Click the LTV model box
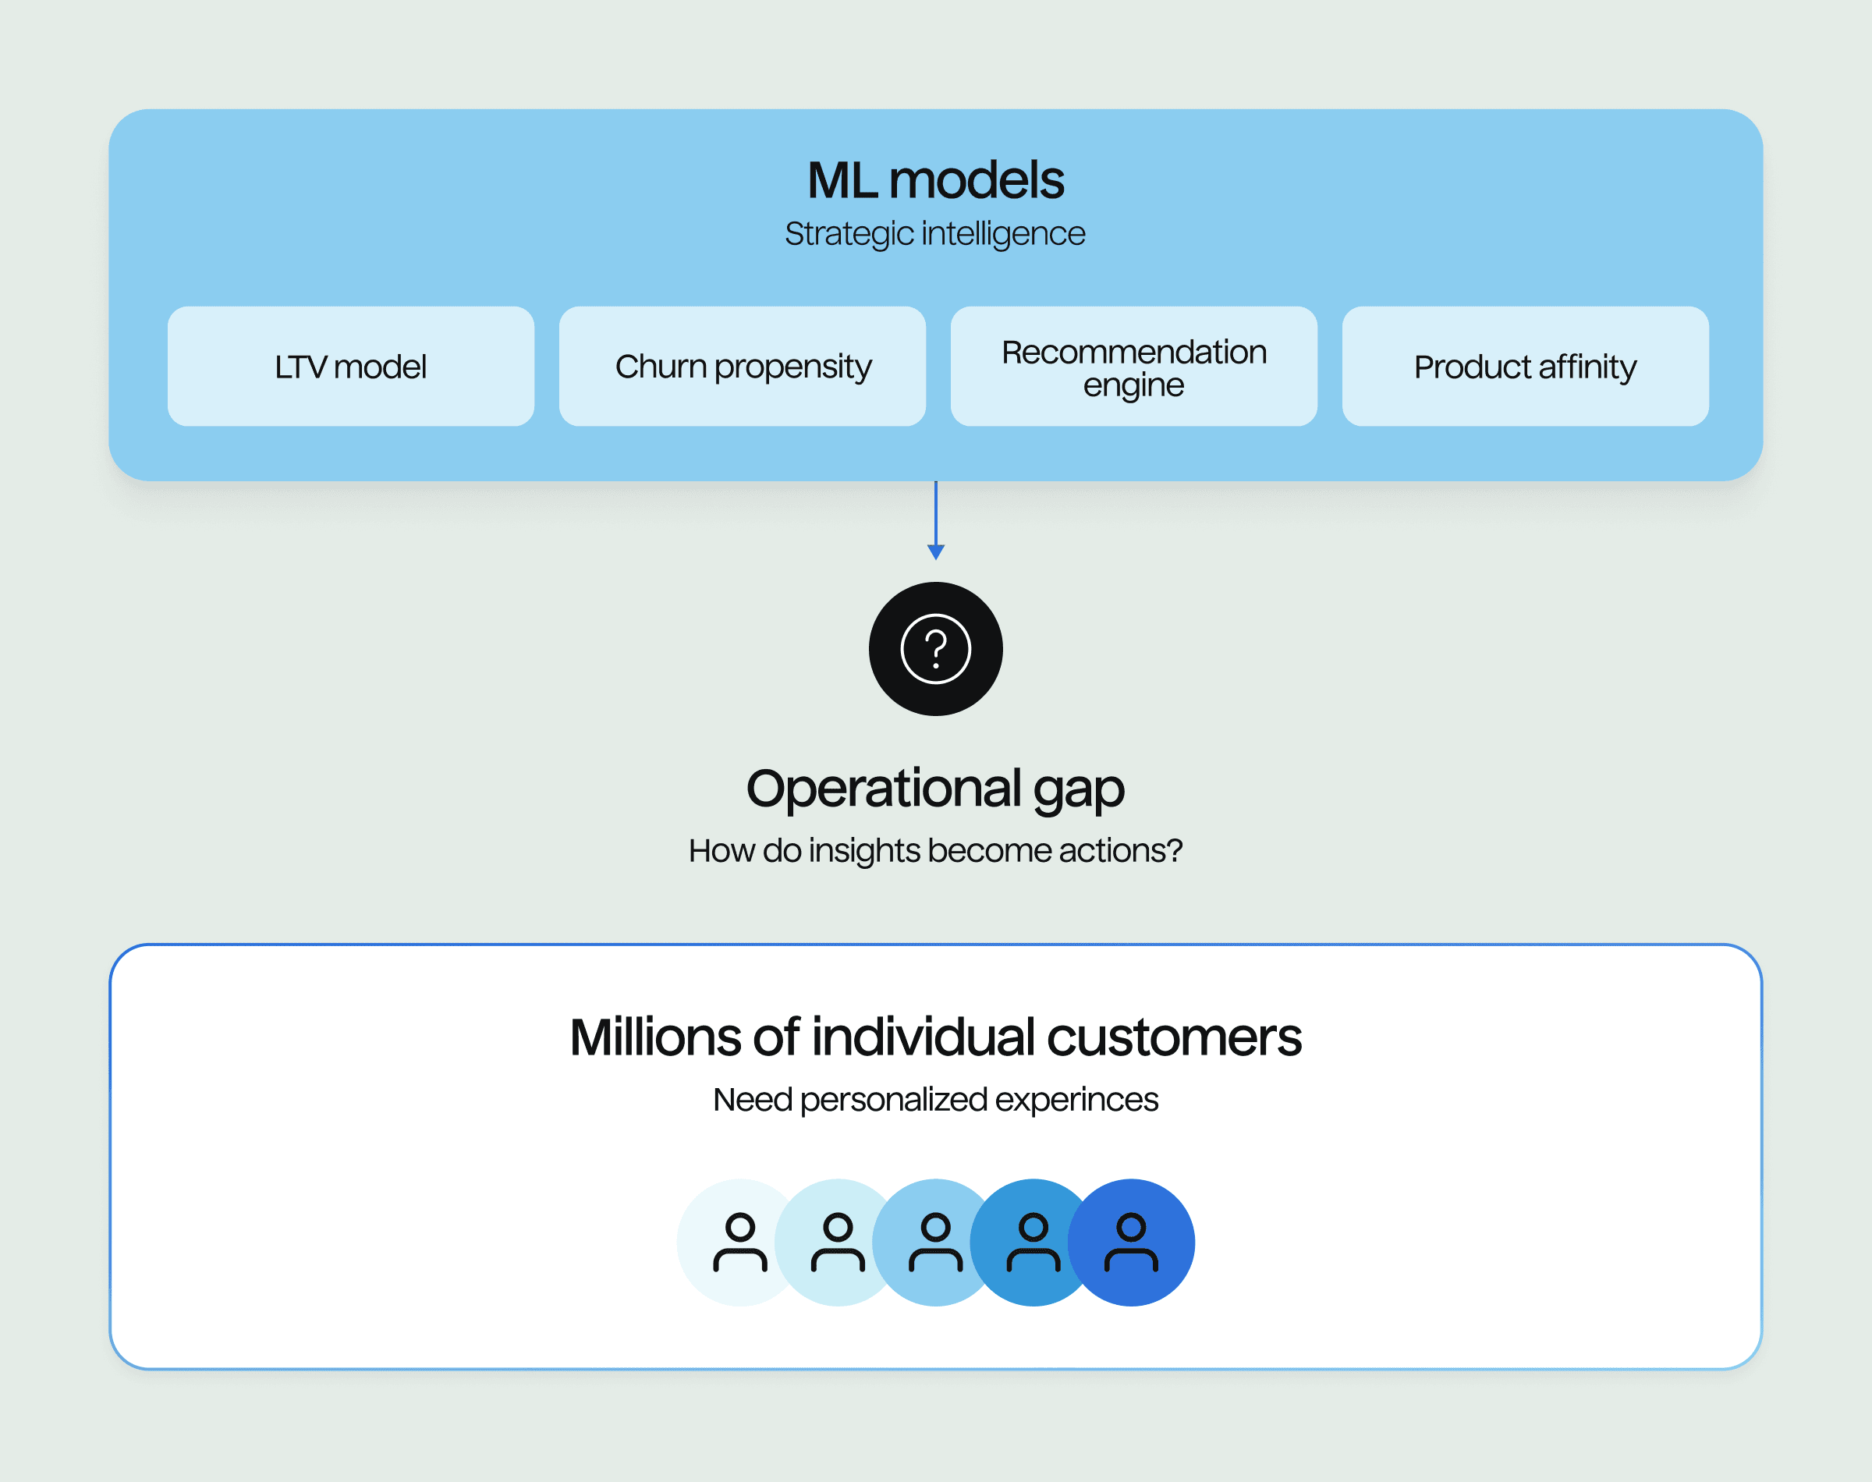coord(350,366)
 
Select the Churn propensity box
coord(743,366)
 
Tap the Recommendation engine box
coord(1134,366)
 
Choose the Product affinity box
coord(1525,366)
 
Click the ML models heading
coord(935,180)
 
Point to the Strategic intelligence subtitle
coord(935,233)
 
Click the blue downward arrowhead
coord(936,551)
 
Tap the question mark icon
coord(936,649)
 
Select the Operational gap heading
coord(935,789)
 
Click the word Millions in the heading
coord(655,1037)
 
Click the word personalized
coord(894,1099)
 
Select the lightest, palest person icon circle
coord(739,1243)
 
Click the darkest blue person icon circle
coord(1132,1243)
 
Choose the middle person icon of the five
coord(936,1243)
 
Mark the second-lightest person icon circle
coord(837,1243)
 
